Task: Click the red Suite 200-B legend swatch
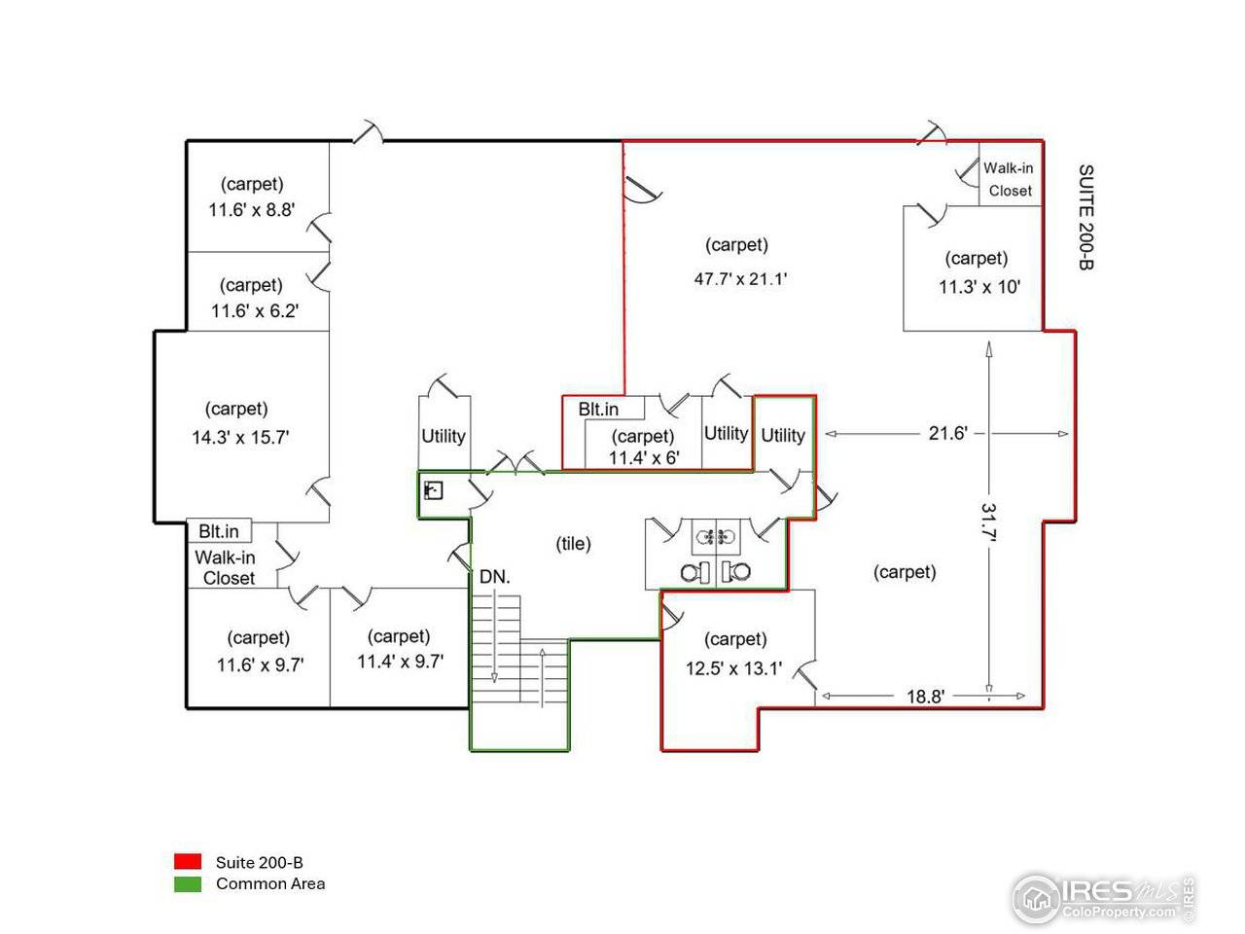(x=187, y=861)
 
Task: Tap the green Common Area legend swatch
(x=187, y=884)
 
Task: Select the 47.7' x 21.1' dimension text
(x=740, y=279)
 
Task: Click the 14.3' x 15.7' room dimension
(x=240, y=437)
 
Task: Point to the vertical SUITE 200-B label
(x=1085, y=217)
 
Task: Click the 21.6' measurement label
(x=947, y=433)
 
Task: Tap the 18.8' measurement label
(x=925, y=696)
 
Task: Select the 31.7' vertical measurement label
(x=988, y=521)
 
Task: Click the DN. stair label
(x=495, y=577)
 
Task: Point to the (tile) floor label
(x=573, y=543)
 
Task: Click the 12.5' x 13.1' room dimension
(x=733, y=668)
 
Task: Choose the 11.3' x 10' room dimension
(x=979, y=287)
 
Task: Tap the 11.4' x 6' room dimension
(x=644, y=457)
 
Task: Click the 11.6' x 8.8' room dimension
(x=251, y=210)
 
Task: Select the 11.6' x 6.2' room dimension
(x=255, y=310)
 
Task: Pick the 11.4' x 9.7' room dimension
(x=400, y=662)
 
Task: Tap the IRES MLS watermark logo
(x=1104, y=898)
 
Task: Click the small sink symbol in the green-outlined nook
(x=434, y=490)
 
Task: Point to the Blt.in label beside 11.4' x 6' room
(x=598, y=409)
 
